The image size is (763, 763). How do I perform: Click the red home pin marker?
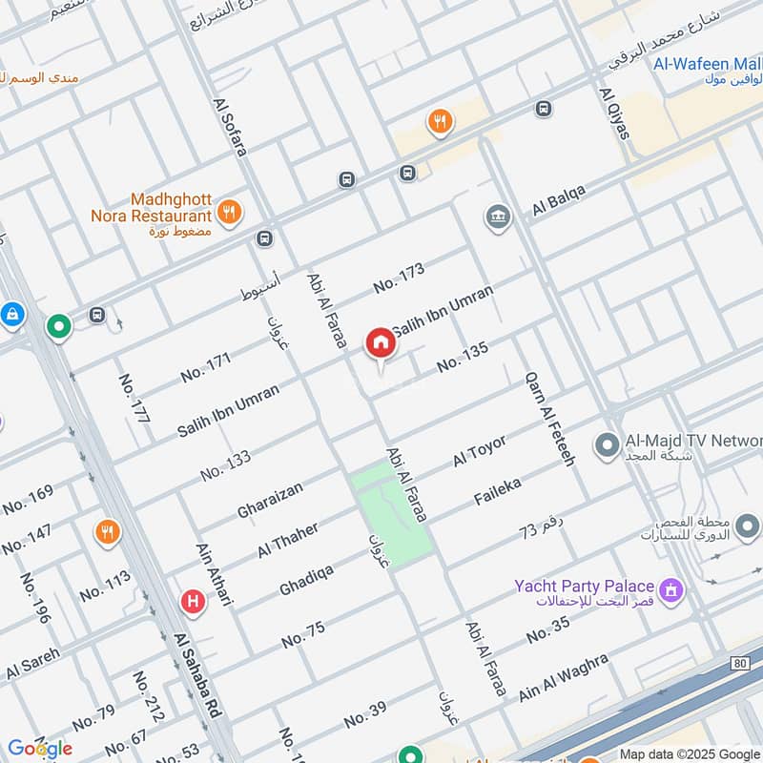click(x=380, y=343)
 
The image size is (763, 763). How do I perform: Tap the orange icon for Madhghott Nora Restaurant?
click(x=228, y=213)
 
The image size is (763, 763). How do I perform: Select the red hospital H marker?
click(x=193, y=602)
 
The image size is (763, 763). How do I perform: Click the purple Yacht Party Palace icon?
click(x=673, y=591)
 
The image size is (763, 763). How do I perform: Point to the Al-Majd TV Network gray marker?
click(x=605, y=444)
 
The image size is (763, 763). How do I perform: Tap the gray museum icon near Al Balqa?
click(x=498, y=217)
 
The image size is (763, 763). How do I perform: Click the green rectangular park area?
click(x=391, y=515)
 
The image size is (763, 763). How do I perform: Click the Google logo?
click(x=39, y=749)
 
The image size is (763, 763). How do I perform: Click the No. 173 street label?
click(x=399, y=278)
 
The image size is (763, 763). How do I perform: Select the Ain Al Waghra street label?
click(x=563, y=677)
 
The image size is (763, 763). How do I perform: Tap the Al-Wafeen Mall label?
click(x=705, y=65)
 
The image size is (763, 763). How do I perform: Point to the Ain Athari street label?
click(x=215, y=572)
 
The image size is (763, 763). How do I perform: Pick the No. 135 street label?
click(x=463, y=357)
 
